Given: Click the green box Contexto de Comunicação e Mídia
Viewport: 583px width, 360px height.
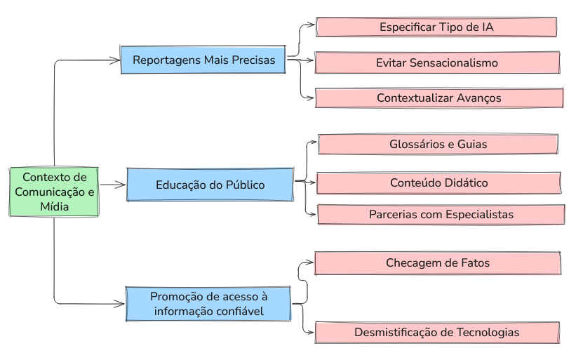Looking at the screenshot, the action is (x=54, y=192).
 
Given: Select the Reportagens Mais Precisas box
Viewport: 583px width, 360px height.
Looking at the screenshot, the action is (x=203, y=60).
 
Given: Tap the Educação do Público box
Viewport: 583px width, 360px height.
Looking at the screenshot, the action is (x=210, y=185).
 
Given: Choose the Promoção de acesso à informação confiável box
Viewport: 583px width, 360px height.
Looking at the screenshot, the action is (x=208, y=303).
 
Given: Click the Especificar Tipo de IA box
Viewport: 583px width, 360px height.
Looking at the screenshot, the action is (x=436, y=27).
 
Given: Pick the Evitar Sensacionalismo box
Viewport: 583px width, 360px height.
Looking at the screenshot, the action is (x=437, y=62).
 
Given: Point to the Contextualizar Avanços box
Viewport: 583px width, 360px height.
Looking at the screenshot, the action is (x=439, y=98).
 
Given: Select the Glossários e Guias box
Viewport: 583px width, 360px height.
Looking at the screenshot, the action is (x=438, y=144).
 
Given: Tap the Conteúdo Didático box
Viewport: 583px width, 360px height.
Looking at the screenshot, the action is (x=438, y=182).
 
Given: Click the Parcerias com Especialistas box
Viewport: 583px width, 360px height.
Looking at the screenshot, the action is (x=441, y=214).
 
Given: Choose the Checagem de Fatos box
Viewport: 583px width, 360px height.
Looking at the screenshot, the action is (x=438, y=263).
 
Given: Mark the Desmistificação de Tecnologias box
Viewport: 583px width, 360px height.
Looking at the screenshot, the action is (x=437, y=332).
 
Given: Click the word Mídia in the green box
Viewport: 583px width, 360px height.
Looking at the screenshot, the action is (x=54, y=206).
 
